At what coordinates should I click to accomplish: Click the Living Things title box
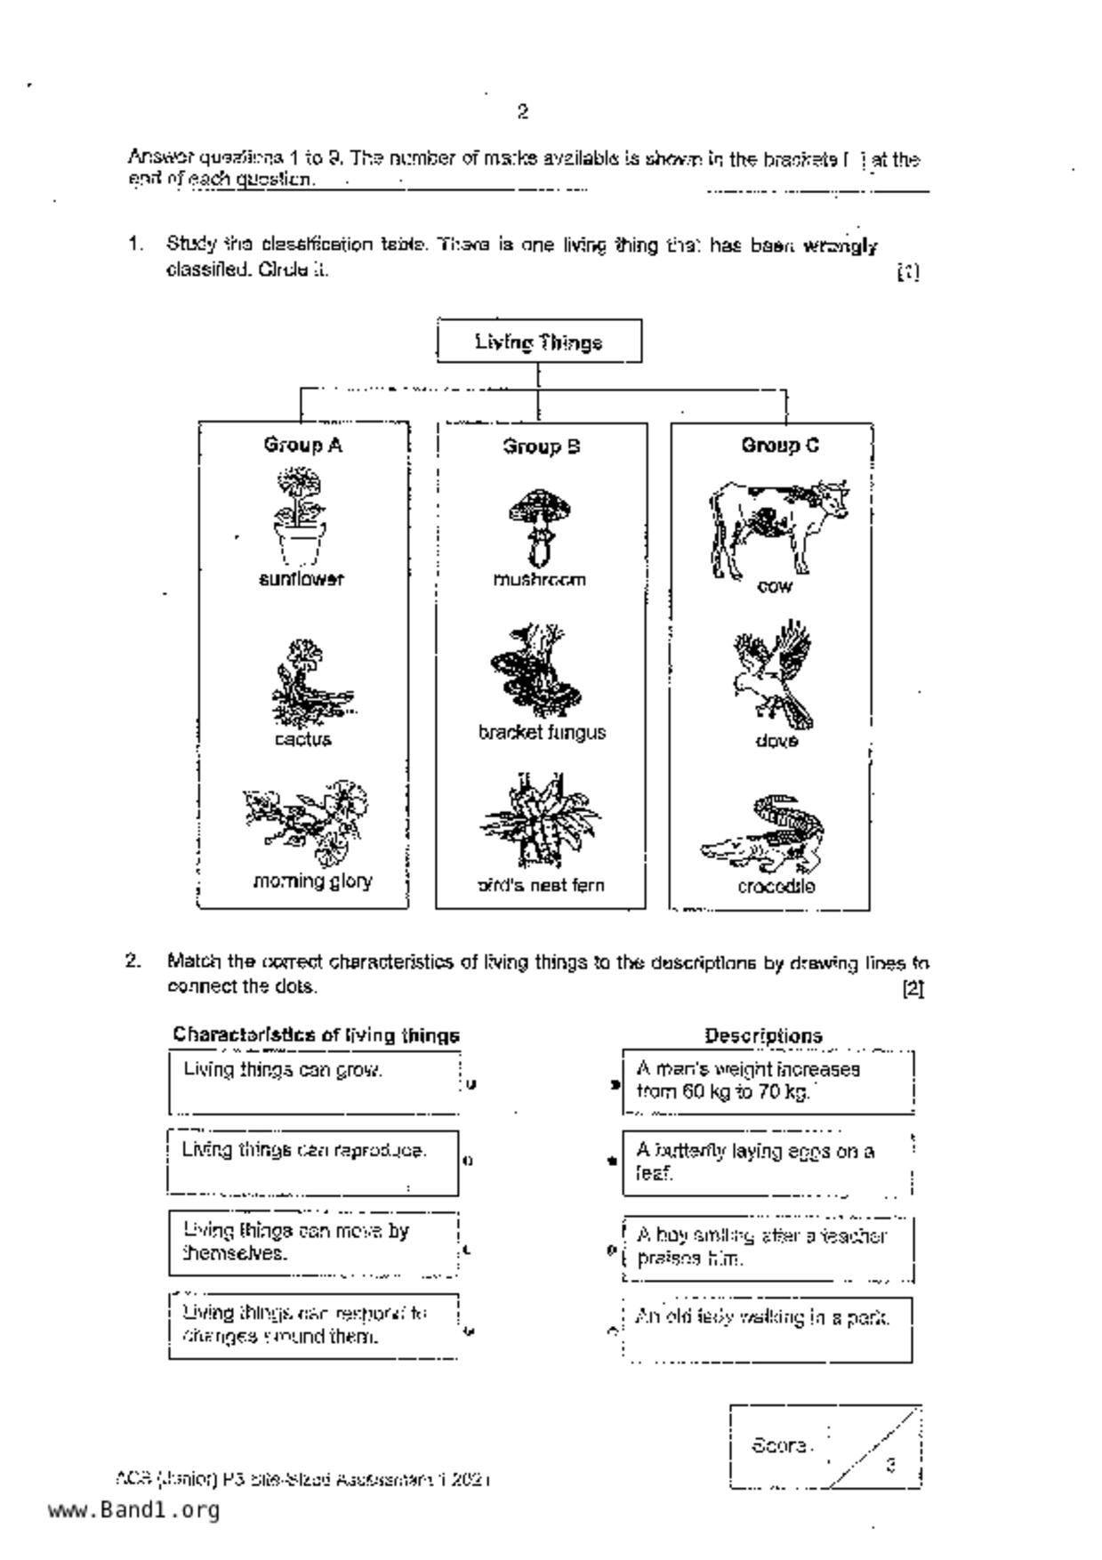tap(539, 342)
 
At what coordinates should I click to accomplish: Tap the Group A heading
tap(302, 445)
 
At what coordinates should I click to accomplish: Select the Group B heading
tap(541, 446)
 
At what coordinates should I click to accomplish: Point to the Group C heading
tap(780, 445)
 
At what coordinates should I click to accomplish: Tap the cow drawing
tap(777, 528)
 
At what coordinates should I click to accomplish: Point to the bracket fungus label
tap(542, 733)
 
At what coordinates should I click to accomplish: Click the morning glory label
tap(312, 881)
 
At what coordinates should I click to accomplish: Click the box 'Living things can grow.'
tap(314, 1082)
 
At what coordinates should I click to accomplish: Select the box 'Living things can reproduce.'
tap(312, 1162)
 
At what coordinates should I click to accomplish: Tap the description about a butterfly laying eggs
tap(767, 1162)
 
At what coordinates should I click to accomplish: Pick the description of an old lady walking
tap(767, 1330)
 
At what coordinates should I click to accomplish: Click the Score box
tap(824, 1447)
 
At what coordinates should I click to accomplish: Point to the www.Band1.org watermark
tap(133, 1510)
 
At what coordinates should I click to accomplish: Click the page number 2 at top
tap(523, 112)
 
